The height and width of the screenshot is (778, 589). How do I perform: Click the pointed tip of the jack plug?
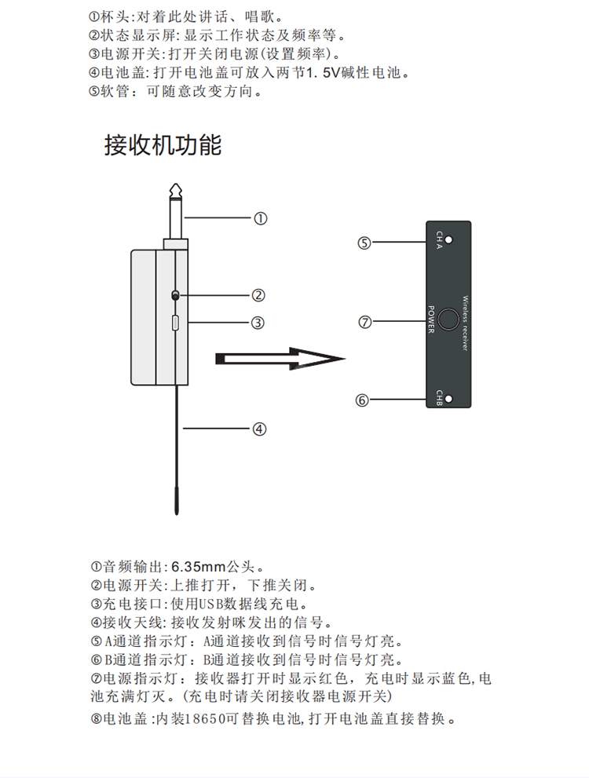click(x=176, y=184)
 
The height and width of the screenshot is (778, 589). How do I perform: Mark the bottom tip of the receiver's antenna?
click(x=177, y=514)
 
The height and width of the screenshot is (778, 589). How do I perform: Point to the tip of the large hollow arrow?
click(x=345, y=358)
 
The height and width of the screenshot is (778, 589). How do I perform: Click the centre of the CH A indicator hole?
click(x=449, y=239)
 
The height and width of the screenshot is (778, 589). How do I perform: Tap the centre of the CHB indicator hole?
click(x=449, y=399)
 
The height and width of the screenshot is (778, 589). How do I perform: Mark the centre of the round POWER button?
click(x=448, y=319)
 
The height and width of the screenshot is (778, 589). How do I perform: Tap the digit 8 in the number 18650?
click(x=198, y=718)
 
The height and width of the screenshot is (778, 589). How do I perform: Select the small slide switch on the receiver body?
click(x=174, y=295)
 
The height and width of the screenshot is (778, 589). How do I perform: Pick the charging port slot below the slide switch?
click(x=175, y=323)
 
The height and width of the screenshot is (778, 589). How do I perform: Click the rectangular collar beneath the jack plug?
click(x=176, y=244)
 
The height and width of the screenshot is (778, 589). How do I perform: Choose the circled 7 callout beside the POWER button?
click(x=364, y=322)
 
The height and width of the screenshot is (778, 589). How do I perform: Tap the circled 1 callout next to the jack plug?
click(x=261, y=218)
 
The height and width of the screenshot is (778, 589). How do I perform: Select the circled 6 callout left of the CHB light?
click(x=362, y=400)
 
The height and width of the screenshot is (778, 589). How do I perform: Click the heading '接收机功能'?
click(x=163, y=145)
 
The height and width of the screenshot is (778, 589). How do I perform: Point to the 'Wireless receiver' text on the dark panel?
click(x=465, y=323)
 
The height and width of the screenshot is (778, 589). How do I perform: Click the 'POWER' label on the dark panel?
click(x=430, y=320)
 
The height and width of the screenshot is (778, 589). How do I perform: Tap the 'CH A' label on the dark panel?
click(x=439, y=239)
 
